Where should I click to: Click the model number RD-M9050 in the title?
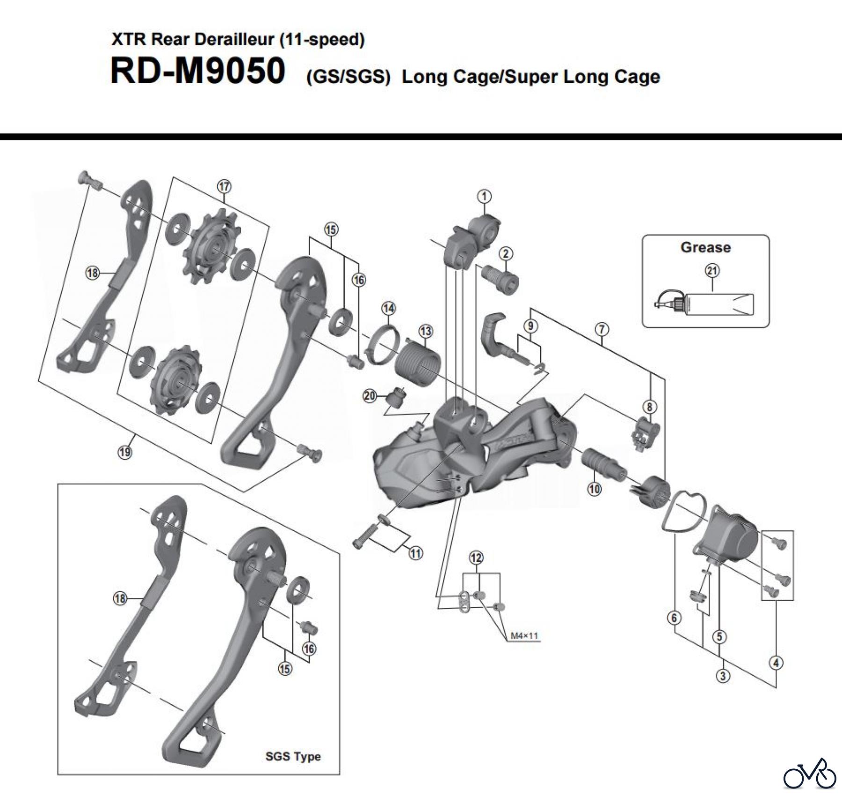(x=197, y=72)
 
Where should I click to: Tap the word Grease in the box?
(x=705, y=247)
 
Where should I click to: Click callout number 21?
(x=712, y=270)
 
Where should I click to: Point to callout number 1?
(x=484, y=196)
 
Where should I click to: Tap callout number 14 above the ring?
(x=388, y=308)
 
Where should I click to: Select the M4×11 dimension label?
(x=524, y=636)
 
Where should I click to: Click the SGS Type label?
(x=293, y=756)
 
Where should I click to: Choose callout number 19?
(x=125, y=452)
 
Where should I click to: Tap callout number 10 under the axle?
(x=594, y=489)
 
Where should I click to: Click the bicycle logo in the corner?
(x=809, y=774)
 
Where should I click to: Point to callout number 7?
(x=602, y=329)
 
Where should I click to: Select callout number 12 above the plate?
(x=476, y=557)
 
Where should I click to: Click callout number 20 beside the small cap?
(x=370, y=396)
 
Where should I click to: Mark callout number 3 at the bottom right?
(x=723, y=676)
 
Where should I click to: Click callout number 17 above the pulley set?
(x=224, y=187)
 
